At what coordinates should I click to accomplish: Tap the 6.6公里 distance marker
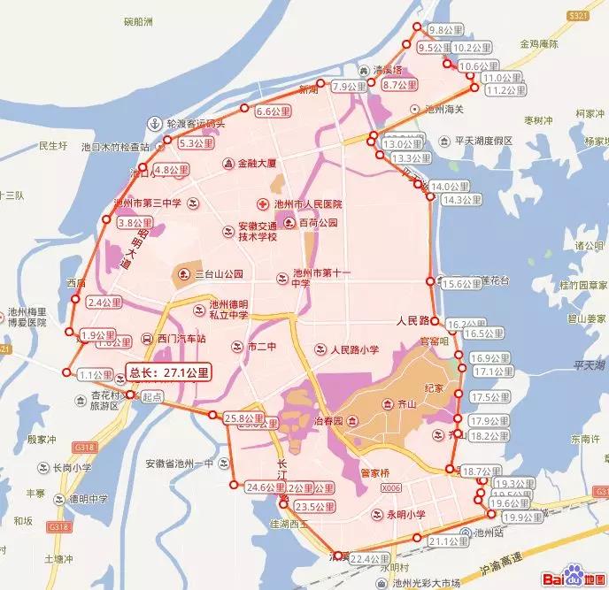point(273,112)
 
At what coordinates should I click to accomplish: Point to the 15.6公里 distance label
point(459,284)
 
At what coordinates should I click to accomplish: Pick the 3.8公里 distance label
point(135,224)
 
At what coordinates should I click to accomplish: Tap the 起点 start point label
point(153,399)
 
